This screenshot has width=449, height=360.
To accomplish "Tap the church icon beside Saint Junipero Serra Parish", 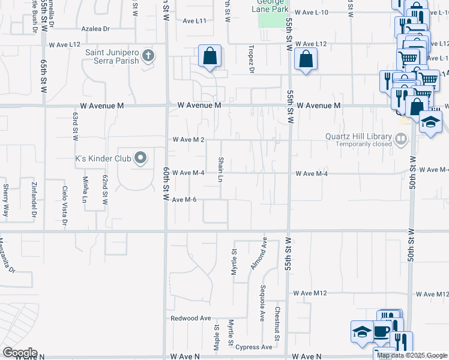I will [x=148, y=57].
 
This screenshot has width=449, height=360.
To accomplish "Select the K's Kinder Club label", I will [x=102, y=159].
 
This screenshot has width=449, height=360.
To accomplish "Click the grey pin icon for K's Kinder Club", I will [x=140, y=158].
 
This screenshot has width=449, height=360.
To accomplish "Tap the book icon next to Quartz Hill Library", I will [x=400, y=140].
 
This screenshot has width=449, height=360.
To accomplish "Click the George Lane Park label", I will [x=273, y=5].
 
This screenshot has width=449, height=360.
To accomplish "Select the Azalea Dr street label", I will [x=97, y=28].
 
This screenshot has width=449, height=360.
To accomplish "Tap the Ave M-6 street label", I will [x=184, y=199].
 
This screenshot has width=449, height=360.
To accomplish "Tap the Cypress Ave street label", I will [x=254, y=347].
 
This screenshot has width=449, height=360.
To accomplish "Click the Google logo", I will [x=20, y=353].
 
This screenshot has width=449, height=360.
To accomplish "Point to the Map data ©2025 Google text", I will [x=412, y=355].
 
